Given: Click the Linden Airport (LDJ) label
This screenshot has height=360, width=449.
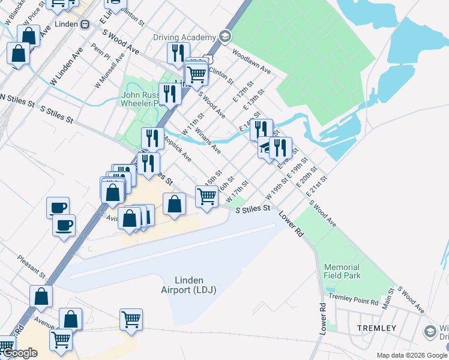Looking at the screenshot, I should [188, 285].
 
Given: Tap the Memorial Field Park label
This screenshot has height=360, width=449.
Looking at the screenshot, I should [342, 271].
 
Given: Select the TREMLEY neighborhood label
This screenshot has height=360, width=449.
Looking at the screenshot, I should [376, 328].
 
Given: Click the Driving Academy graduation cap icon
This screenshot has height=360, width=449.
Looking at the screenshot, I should [225, 37].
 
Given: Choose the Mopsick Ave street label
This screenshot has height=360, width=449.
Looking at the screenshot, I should [179, 151].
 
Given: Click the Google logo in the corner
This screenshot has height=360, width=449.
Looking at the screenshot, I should [20, 353].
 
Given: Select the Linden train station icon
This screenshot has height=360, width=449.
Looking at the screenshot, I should [85, 24].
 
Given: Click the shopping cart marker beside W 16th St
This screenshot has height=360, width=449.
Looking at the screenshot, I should [206, 195].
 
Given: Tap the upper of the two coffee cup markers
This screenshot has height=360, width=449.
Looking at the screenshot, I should [58, 207].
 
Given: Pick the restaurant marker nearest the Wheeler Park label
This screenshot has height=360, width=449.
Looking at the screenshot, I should [170, 94].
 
